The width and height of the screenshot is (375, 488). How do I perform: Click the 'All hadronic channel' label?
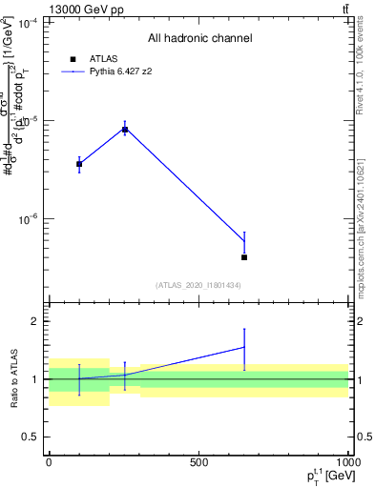199,38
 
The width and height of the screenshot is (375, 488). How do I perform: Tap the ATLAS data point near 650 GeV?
244,257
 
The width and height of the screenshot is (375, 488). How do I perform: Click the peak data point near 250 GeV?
125,129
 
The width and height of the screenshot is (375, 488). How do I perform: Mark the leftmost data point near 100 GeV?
79,164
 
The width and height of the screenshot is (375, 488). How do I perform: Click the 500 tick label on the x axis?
198,462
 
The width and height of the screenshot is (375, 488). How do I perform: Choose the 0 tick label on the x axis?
50,462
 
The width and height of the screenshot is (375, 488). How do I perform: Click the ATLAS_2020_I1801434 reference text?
198,286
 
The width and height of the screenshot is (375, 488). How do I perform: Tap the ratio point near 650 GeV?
244,346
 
